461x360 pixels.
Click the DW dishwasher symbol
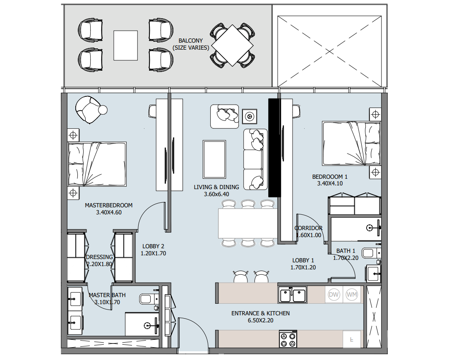334,295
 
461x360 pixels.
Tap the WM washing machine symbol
352,295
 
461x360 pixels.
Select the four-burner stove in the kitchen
288,339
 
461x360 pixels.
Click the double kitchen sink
293,295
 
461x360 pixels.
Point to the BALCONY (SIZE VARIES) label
191,44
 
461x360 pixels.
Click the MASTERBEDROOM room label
109,205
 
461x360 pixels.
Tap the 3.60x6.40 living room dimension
216,194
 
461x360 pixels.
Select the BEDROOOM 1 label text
330,177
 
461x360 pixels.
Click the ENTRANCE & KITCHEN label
260,313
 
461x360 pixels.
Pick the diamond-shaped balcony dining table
232,46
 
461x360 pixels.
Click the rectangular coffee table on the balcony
125,46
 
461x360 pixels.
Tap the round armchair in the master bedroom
90,110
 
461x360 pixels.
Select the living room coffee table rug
214,159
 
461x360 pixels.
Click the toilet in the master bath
149,299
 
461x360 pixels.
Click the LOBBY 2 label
153,246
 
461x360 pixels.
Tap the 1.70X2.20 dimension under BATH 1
346,258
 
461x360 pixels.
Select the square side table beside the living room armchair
250,117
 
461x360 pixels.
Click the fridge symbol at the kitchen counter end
352,339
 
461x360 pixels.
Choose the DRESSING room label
99,257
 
